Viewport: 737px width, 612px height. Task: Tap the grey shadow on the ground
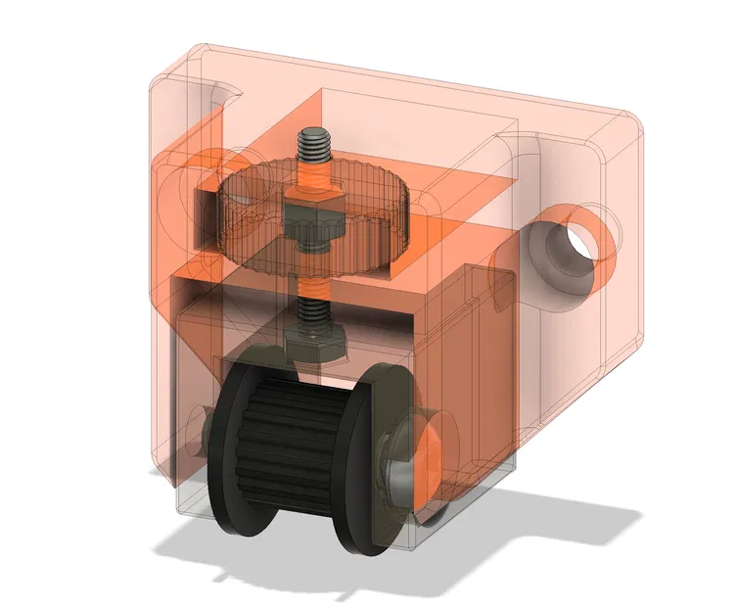coord(548,529)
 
